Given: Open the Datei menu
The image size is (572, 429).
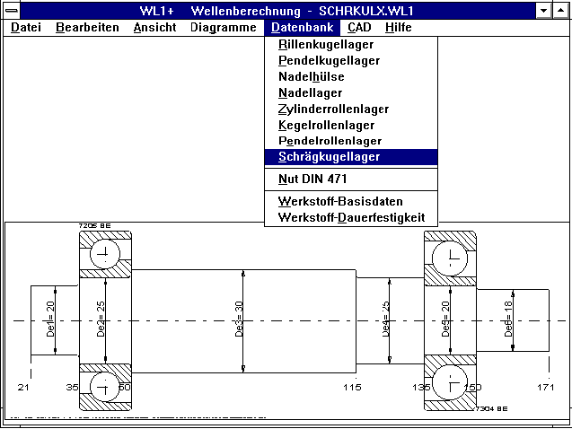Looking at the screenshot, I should click(26, 27).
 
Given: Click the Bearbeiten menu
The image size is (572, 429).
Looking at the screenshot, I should click(87, 27).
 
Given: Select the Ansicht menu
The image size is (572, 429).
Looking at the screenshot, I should click(154, 27).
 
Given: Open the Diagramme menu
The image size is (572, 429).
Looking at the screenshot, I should click(223, 27).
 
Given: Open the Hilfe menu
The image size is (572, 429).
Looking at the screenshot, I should click(398, 27).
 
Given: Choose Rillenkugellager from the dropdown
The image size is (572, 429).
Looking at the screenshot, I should click(326, 45).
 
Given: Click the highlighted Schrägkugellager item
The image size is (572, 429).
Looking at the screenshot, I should click(329, 157).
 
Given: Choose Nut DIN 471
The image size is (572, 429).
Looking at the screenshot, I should click(312, 179).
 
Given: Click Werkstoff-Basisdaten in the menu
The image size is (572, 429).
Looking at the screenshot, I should click(340, 202).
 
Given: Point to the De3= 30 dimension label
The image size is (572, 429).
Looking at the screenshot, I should click(240, 320).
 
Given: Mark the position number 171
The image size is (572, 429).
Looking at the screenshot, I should click(545, 387).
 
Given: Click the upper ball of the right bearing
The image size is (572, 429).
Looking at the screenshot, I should click(450, 259).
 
